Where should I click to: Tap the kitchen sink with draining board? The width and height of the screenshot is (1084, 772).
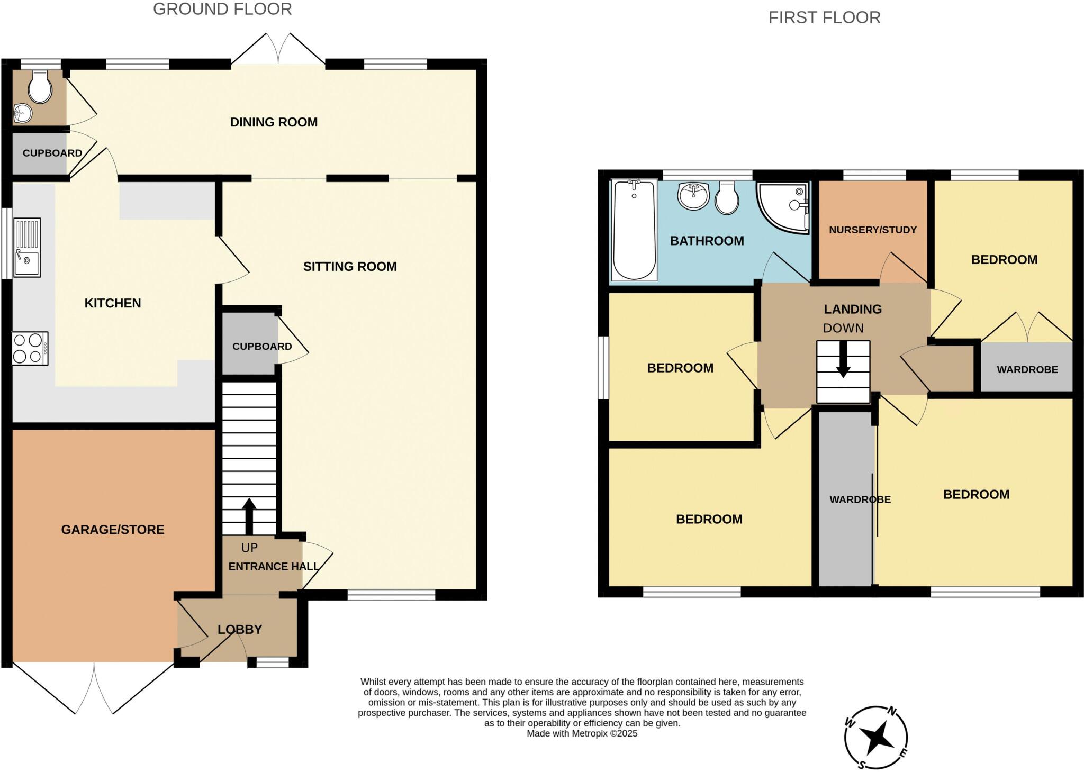[27, 248]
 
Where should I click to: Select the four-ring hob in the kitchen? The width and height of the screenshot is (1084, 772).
[30, 348]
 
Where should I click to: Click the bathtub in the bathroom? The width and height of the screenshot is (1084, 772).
[634, 230]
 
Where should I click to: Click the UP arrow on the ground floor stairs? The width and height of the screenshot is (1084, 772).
[249, 516]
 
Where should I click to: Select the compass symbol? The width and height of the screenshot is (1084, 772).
[875, 737]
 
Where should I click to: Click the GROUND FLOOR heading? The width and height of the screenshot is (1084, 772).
[222, 9]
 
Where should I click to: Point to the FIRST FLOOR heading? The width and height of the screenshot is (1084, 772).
[824, 17]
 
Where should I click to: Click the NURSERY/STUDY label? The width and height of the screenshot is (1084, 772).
[872, 230]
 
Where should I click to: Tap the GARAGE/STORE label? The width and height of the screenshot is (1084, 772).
[113, 530]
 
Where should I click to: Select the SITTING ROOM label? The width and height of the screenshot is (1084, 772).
[350, 266]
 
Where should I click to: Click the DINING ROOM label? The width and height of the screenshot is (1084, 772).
[274, 122]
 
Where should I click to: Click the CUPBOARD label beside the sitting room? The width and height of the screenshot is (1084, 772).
[262, 346]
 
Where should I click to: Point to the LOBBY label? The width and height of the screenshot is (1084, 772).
[240, 629]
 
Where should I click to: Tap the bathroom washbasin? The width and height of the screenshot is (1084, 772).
[693, 196]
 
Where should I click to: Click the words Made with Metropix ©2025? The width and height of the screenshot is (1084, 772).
[582, 733]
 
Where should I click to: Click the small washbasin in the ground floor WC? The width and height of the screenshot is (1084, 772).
[22, 113]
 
